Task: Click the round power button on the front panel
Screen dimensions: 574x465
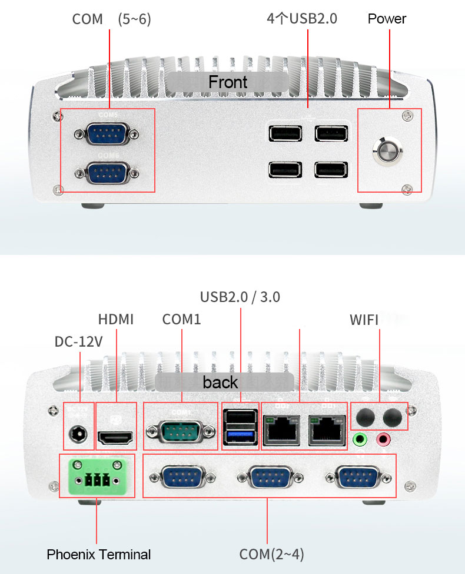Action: [388, 150]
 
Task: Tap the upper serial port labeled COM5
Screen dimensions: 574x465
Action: [107, 133]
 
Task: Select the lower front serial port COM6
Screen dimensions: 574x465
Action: [107, 173]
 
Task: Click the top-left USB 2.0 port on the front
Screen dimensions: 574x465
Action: [285, 133]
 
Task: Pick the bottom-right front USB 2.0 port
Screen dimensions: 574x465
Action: [331, 170]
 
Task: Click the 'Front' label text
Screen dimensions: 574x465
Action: [227, 82]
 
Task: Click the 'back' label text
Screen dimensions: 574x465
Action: [220, 382]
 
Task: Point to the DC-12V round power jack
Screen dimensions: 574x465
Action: [78, 435]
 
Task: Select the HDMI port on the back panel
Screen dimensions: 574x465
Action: [115, 438]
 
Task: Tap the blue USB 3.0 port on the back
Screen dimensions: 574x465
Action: [240, 436]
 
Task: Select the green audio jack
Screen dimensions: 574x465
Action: [359, 439]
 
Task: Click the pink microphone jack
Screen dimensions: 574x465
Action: [383, 439]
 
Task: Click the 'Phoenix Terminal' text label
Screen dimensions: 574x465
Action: [98, 555]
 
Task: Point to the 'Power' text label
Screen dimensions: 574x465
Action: [387, 19]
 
